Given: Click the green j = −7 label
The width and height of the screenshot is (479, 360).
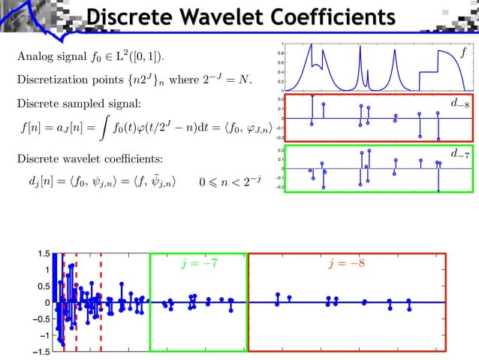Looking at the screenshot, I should pos(200,265).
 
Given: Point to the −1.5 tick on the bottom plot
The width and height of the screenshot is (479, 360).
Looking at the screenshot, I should pos(42,351).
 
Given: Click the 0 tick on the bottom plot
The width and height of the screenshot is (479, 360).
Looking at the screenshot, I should pos(49,303).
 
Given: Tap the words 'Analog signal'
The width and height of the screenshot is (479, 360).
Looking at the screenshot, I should pos(47,56).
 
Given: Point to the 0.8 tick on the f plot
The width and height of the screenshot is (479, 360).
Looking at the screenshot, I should pos(280,53).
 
